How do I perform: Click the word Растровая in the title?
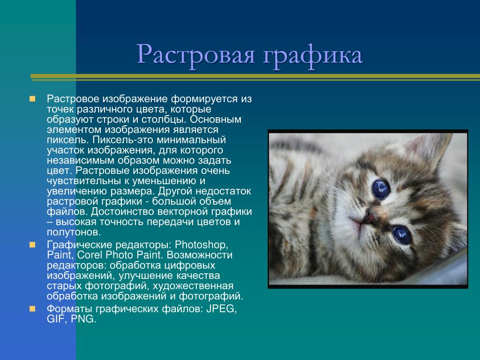tap(195, 55)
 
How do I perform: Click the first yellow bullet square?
tap(32, 99)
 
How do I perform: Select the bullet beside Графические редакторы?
tap(32, 245)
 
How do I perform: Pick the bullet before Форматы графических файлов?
tap(32, 308)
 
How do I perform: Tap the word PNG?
tap(83, 319)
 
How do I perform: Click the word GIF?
tap(57, 319)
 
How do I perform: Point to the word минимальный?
tap(191, 140)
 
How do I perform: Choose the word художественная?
tap(193, 286)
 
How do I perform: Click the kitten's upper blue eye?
tap(381, 188)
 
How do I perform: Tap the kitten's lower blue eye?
tap(401, 235)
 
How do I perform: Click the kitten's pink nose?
tap(368, 219)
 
